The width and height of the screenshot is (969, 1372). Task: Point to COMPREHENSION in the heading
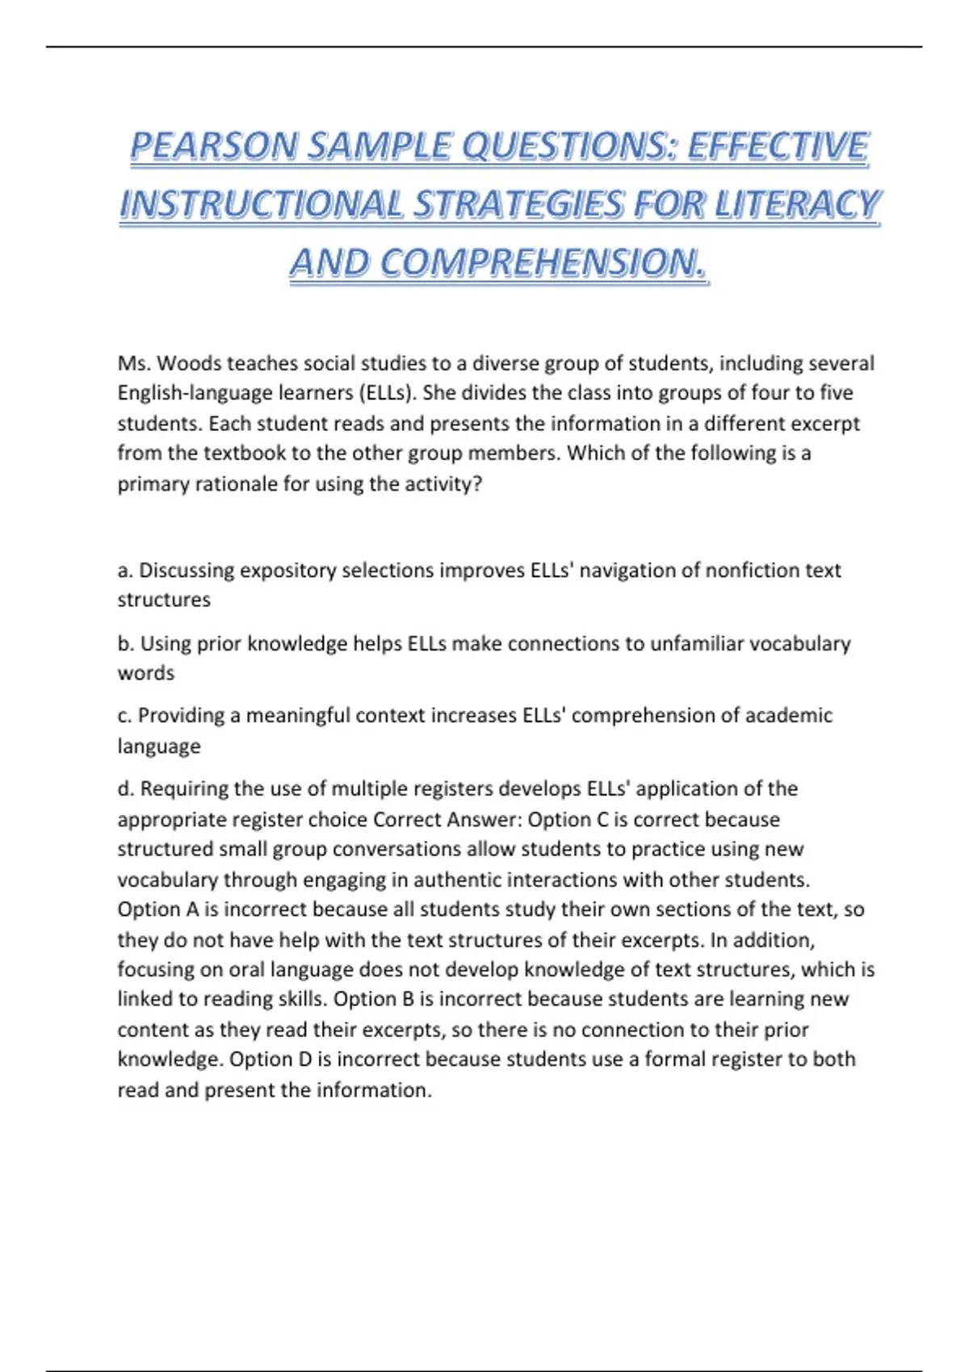pos(540,262)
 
